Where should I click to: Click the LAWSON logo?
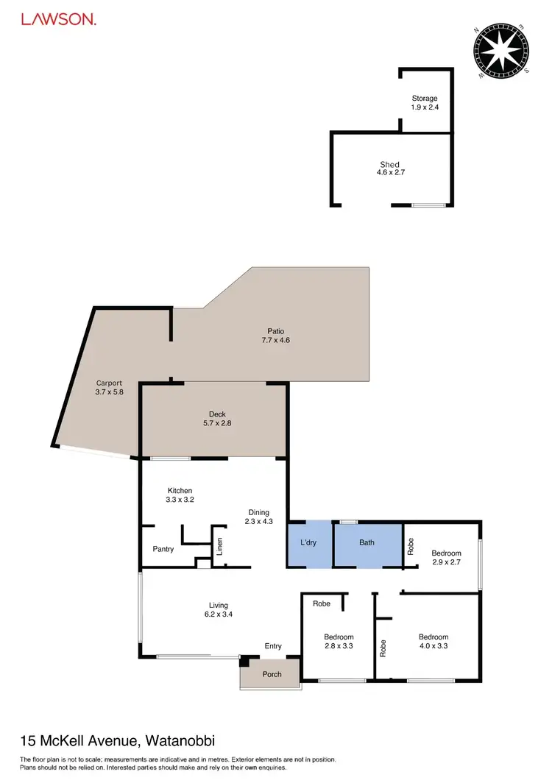[x=58, y=20]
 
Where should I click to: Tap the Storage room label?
[x=424, y=98]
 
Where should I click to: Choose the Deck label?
[x=212, y=414]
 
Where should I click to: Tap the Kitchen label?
[x=180, y=490]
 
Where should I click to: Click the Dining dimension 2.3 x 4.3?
[x=258, y=522]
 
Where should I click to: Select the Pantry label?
[x=163, y=549]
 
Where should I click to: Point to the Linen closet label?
[x=219, y=548]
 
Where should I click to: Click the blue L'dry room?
[x=308, y=544]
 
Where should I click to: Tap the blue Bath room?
[x=367, y=543]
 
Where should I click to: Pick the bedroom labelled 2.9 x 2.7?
[x=446, y=558]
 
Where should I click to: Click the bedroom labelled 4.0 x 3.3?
[x=433, y=642]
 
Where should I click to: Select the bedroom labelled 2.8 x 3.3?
[x=339, y=642]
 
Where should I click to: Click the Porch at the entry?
[x=272, y=674]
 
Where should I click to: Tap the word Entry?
[x=273, y=646]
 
